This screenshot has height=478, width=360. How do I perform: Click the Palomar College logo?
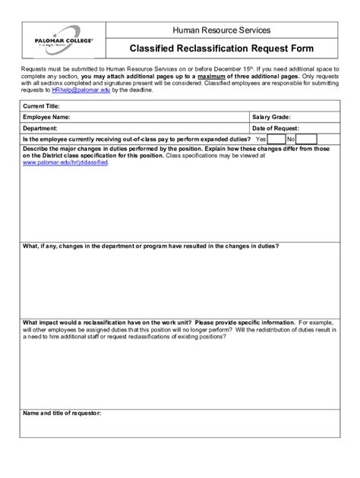(58, 39)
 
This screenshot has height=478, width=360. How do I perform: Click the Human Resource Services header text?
(221, 30)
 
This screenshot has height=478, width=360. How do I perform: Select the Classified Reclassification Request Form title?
(221, 49)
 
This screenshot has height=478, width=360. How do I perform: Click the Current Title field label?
(42, 106)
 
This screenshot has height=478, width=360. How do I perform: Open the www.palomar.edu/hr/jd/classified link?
(65, 162)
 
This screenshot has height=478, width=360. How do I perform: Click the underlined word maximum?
(216, 77)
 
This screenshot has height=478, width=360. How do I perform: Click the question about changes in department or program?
(151, 246)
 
